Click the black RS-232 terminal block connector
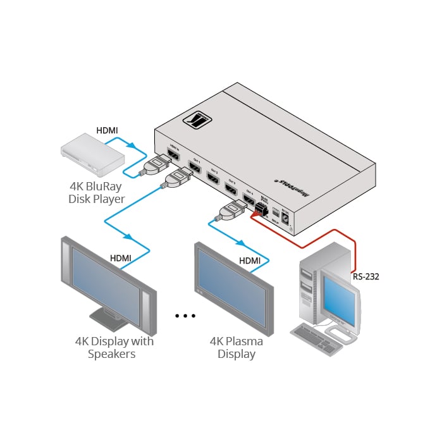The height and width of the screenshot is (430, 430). [x=260, y=213]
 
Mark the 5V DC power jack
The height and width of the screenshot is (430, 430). [x=286, y=218]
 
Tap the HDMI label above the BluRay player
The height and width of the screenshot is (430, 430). [x=106, y=131]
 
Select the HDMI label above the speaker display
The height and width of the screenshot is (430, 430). [x=121, y=258]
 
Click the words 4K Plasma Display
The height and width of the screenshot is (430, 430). [x=236, y=347]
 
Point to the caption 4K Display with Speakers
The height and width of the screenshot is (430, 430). [x=114, y=347]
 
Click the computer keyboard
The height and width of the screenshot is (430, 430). [x=315, y=335]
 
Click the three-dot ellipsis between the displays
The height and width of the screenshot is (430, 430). [x=185, y=316]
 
